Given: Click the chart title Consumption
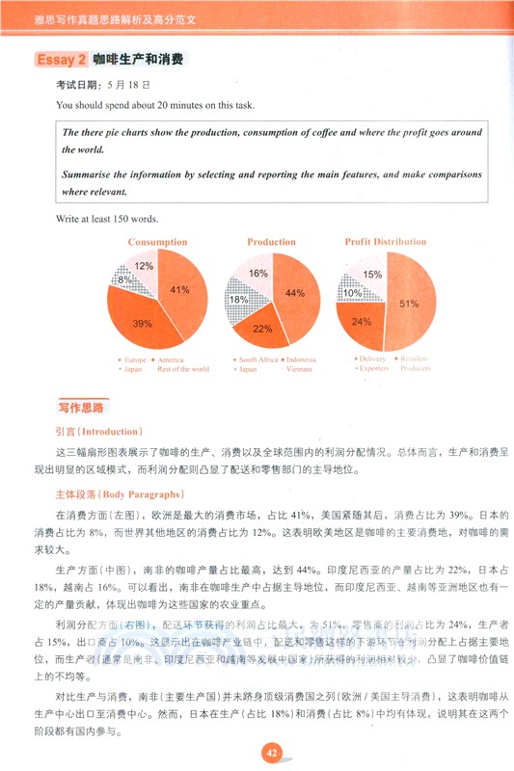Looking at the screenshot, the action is (x=157, y=242).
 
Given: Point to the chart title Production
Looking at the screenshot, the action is (x=271, y=242).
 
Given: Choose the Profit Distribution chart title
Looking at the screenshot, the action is (x=386, y=242).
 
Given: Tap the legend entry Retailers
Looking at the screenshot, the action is (x=416, y=359).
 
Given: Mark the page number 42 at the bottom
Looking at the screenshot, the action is (x=272, y=753).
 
